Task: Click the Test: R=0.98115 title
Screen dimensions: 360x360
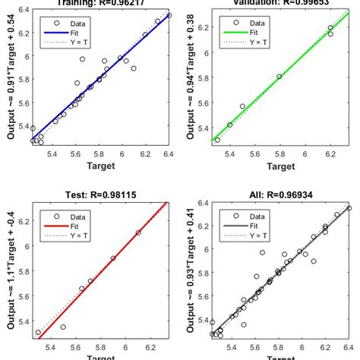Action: coord(101,194)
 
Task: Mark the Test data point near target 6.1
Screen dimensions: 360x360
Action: coord(138,232)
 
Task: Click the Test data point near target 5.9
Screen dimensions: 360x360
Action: coord(113,258)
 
